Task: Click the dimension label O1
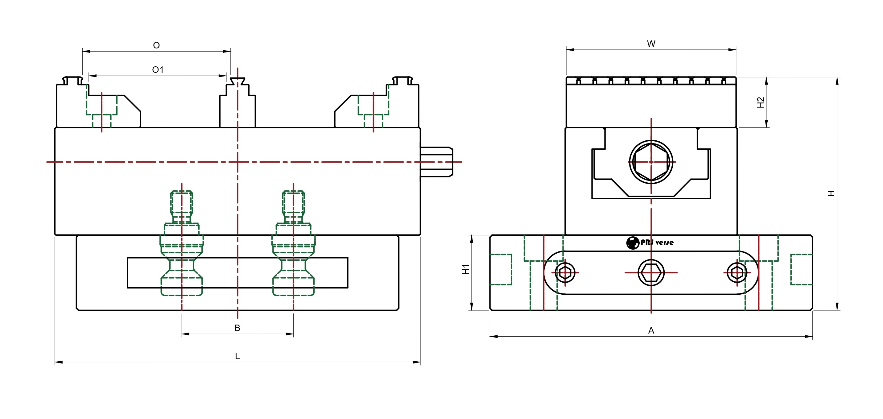pos(158,70)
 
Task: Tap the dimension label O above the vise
pos(156,45)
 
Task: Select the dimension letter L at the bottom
pos(237,356)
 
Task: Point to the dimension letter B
pos(237,328)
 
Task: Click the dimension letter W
pos(651,44)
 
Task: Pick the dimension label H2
pos(760,102)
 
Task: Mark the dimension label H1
pos(465,269)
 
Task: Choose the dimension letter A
pos(651,330)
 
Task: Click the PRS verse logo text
pos(657,243)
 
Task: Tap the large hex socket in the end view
pos(651,162)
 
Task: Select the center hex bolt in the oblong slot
pos(651,272)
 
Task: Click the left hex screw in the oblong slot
pos(565,272)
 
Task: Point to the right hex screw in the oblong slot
pos(737,272)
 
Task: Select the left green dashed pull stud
pos(182,243)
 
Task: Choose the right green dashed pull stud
pos(293,243)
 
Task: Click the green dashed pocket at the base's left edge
pos(501,269)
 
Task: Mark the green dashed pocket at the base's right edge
pos(801,269)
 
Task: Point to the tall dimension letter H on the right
pos(831,193)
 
